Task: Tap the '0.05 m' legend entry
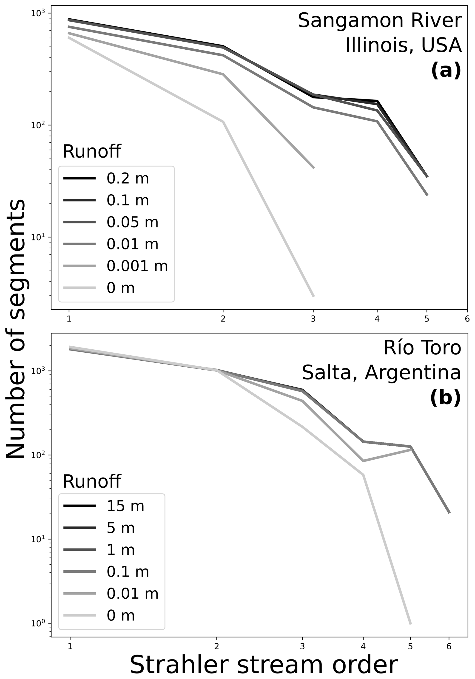click(x=132, y=222)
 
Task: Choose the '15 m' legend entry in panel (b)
click(x=125, y=506)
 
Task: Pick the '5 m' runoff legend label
click(x=120, y=528)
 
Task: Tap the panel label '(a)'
click(x=446, y=70)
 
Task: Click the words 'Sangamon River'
click(x=380, y=21)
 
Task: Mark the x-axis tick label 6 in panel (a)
click(x=467, y=319)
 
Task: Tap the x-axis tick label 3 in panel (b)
click(x=302, y=646)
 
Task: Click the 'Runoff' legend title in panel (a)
click(x=92, y=152)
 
